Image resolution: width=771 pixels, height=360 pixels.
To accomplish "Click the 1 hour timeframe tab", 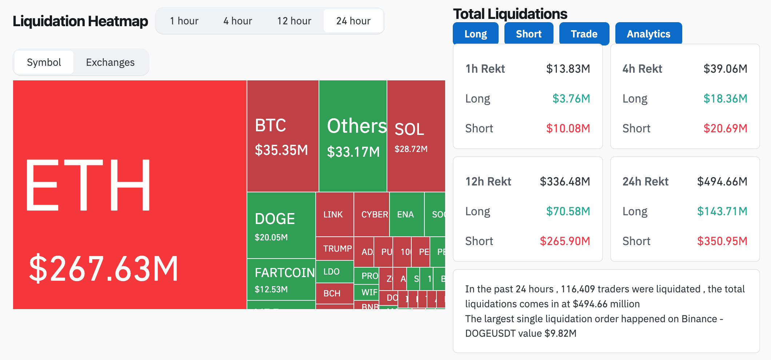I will [x=184, y=21].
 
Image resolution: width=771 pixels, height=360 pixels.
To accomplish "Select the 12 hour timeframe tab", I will [x=294, y=21].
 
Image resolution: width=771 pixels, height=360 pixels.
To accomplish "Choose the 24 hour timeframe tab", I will [x=353, y=21].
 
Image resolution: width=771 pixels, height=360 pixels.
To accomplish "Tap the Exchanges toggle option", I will [x=110, y=63].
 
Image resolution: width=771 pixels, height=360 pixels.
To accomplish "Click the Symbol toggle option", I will [x=44, y=63].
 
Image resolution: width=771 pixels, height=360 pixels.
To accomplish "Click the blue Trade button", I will [x=584, y=34].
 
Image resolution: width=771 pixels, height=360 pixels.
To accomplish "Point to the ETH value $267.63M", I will [x=104, y=269].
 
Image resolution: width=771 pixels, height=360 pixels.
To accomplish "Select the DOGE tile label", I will [x=275, y=219].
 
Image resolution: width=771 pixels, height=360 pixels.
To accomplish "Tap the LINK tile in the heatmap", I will [x=333, y=215].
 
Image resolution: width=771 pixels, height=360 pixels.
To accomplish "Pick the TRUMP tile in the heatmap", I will [x=337, y=249].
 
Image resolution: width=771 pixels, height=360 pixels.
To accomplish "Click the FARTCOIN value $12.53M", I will [x=271, y=289].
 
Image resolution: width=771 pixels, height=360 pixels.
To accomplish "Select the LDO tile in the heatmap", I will [x=332, y=272].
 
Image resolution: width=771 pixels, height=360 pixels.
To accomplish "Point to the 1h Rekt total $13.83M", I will [x=568, y=69].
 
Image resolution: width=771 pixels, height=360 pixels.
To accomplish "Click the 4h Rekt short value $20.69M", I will [x=725, y=128].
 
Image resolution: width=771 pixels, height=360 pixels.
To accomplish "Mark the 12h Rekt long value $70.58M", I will [x=568, y=211].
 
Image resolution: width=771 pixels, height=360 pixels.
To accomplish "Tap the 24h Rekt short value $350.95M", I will [x=722, y=241].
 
